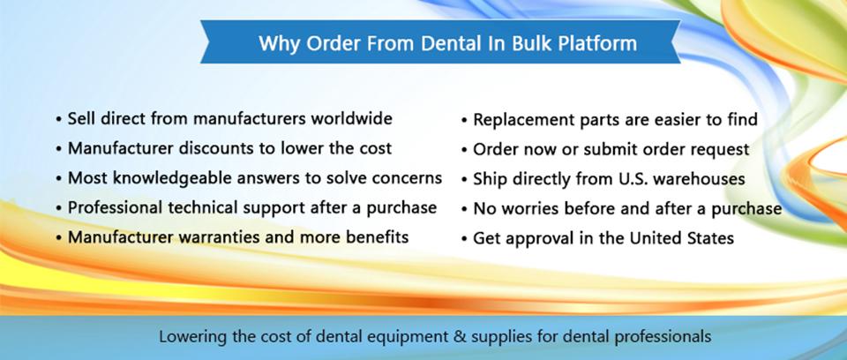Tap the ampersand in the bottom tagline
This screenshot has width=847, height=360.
tap(460, 337)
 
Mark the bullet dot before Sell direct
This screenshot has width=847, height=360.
tap(58, 119)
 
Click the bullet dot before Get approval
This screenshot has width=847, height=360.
tap(464, 239)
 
